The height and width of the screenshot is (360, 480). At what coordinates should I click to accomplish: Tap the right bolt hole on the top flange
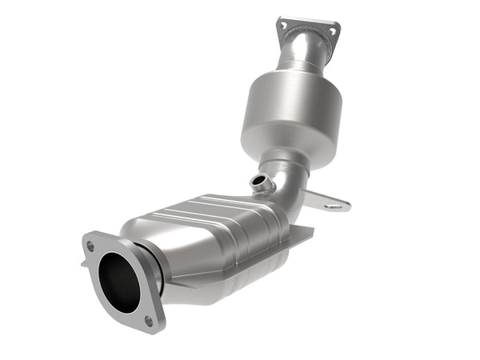pos(329,32)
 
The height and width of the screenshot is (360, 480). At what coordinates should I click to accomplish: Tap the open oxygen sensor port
pos(259,182)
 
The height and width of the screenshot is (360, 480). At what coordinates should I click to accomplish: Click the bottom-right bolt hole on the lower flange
pos(149,321)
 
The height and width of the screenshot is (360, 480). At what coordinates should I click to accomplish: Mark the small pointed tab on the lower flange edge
pos(84,260)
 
